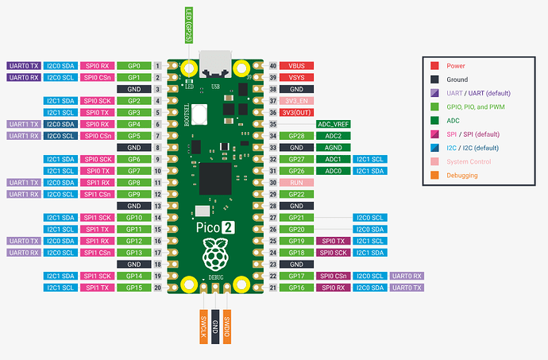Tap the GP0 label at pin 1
click(134, 65)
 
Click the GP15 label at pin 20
click(134, 287)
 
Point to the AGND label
click(334, 147)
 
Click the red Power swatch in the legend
click(434, 66)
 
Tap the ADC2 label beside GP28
click(334, 136)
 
